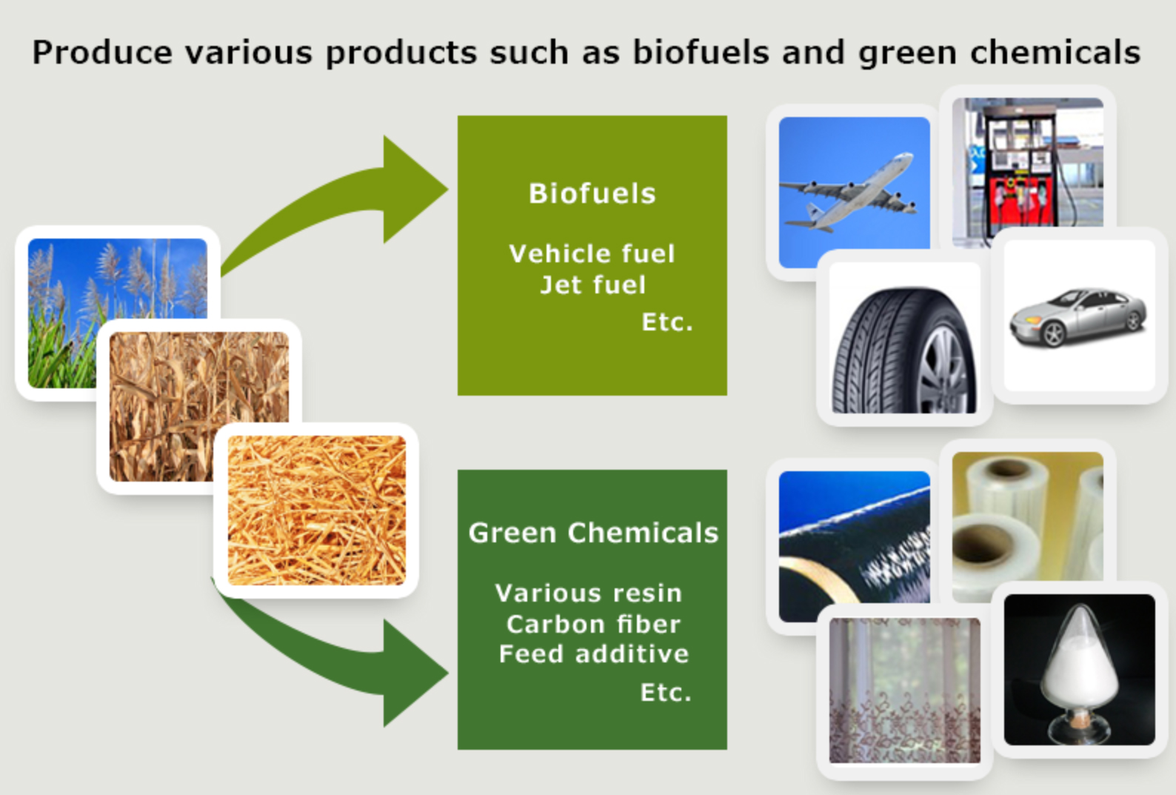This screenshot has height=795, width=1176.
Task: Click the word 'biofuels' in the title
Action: click(701, 53)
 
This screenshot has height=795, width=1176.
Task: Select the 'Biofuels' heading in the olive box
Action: click(592, 193)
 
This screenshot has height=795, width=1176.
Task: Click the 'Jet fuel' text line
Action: click(592, 285)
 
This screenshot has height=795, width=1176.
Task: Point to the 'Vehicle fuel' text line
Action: click(592, 253)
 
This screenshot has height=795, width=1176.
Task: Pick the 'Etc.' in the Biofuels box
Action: click(666, 322)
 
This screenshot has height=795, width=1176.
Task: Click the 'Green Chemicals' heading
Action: click(592, 533)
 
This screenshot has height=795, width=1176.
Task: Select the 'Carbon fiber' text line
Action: click(592, 624)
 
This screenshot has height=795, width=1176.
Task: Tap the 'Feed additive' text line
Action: click(593, 653)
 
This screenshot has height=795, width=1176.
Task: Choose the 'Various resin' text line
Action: click(588, 593)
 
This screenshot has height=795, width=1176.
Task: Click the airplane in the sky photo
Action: click(852, 191)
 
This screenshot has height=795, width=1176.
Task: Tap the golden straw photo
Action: click(316, 510)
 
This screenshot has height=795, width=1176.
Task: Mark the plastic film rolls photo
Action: click(1026, 519)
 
